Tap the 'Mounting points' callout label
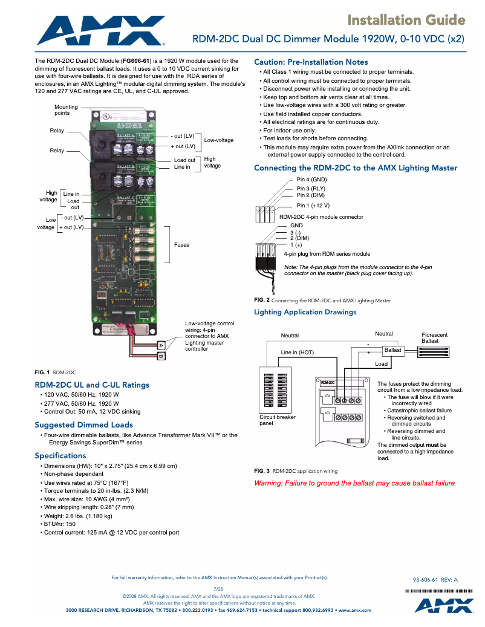(66, 110)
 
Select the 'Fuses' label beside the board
(181, 245)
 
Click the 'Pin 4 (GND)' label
(311, 180)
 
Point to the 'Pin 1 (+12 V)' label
(313, 206)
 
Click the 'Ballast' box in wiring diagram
(392, 350)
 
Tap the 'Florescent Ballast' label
(434, 338)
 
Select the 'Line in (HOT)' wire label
(297, 352)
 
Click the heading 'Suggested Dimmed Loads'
(83, 424)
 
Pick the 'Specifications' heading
(60, 455)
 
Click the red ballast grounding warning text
(354, 483)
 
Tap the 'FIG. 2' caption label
(261, 300)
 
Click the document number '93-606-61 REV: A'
(435, 579)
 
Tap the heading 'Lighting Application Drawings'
(305, 312)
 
